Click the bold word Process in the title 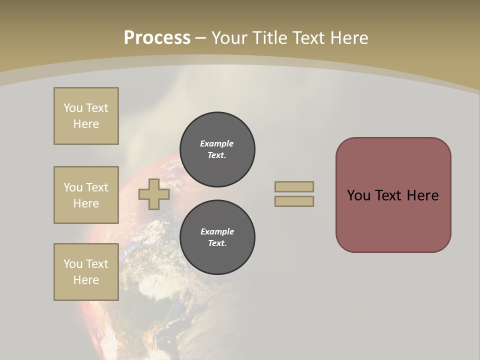point(157,37)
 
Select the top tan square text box point(86,116)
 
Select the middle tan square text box point(86,195)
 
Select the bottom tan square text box point(86,272)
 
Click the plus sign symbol point(154,194)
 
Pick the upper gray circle point(217,149)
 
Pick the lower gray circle point(217,237)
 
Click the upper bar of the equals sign point(294,186)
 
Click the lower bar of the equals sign point(294,201)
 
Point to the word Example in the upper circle point(217,143)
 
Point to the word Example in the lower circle point(217,231)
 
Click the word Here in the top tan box point(86,124)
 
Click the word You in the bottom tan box point(73,264)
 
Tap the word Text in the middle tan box point(96,187)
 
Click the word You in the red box point(358,195)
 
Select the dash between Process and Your point(201,38)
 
